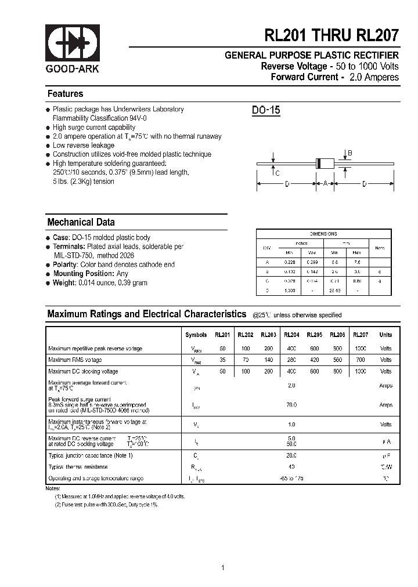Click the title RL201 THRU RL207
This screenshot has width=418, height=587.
331,35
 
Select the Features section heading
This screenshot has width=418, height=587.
65,94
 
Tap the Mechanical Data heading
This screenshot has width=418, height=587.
81,222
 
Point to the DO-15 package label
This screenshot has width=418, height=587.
266,110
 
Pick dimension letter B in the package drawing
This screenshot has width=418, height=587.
349,153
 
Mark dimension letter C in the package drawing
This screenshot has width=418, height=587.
278,173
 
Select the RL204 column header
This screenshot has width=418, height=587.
291,335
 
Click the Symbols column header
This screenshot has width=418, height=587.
196,335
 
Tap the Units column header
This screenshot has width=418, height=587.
385,335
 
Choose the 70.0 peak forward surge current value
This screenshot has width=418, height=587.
291,405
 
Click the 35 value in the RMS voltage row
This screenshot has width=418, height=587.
223,360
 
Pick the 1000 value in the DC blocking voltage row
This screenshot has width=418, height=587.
361,371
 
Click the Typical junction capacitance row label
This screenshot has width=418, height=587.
91,455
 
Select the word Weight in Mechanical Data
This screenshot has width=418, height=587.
64,283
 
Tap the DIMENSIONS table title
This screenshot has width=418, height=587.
323,234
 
